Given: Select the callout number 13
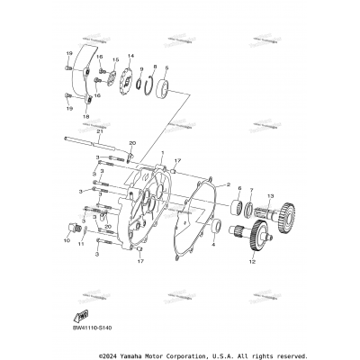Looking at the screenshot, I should (x=269, y=195).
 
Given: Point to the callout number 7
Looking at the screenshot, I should (x=252, y=191).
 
